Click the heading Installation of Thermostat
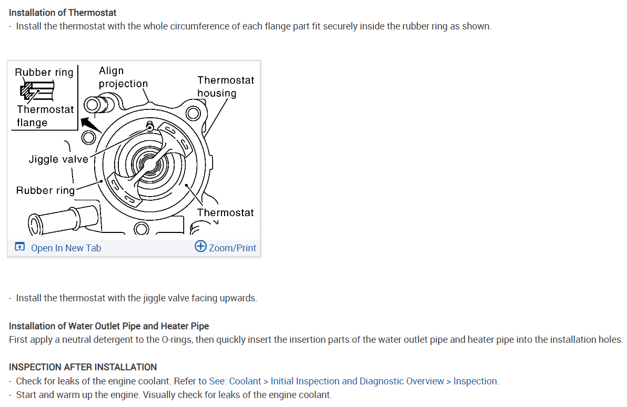[63, 12]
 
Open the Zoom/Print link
[232, 248]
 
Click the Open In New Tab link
[66, 248]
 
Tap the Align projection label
[123, 77]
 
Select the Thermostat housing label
[225, 86]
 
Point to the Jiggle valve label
[58, 159]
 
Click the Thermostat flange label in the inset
[45, 116]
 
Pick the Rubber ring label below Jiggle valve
[45, 190]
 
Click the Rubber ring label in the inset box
[44, 72]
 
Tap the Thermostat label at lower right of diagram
[225, 212]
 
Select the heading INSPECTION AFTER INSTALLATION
[83, 367]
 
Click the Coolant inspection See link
[353, 381]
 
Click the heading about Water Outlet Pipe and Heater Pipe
[109, 326]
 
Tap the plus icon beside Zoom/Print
[200, 247]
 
